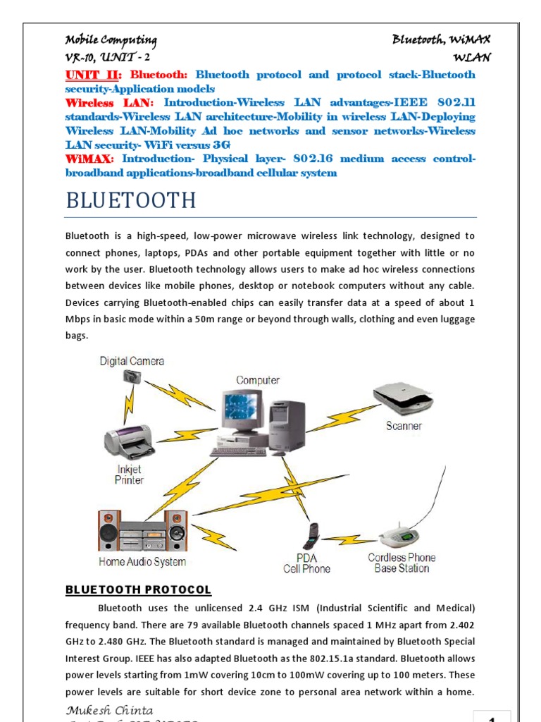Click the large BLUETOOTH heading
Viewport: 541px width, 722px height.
click(130, 200)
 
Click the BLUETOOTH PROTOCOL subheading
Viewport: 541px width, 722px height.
click(138, 589)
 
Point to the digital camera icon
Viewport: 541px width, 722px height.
click(132, 377)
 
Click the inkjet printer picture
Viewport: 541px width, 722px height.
click(129, 441)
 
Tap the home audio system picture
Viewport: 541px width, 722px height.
click(142, 530)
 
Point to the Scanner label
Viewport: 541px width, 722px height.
click(404, 426)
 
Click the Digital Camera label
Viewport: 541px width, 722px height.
click(132, 361)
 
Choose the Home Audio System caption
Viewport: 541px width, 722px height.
click(142, 562)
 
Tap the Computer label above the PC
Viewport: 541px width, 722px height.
click(258, 380)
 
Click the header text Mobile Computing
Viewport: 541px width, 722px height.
click(111, 40)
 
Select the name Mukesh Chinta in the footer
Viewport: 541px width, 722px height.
click(109, 710)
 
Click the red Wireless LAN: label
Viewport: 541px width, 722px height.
click(108, 103)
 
